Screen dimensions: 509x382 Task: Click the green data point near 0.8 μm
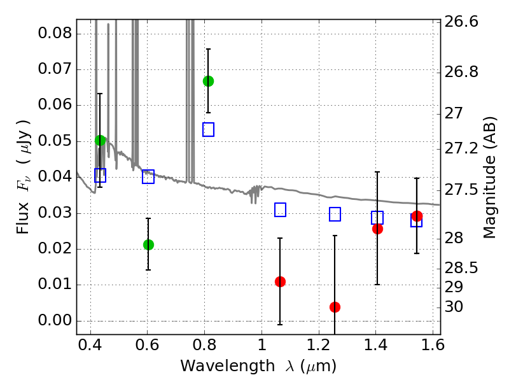point(209,81)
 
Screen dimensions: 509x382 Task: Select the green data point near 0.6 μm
point(148,244)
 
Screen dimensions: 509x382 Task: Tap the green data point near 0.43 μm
point(101,140)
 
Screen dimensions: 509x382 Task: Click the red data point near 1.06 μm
point(280,281)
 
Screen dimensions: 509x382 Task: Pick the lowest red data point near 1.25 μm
point(335,307)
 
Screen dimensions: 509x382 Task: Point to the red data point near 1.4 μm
point(377,229)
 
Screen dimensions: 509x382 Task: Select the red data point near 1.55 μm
point(417,216)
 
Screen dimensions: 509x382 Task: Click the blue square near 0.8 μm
point(209,130)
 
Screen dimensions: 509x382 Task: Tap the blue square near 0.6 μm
point(148,177)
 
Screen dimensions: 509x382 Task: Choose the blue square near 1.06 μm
point(280,210)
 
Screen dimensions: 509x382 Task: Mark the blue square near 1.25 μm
point(335,215)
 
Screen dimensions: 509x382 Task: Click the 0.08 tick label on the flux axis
point(55,33)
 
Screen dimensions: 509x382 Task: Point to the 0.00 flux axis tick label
point(55,320)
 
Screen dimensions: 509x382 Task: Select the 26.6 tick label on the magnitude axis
point(461,22)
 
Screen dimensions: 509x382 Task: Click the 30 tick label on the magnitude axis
point(454,306)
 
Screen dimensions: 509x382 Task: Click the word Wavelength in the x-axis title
point(228,366)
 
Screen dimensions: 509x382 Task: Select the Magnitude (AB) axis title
point(489,178)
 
